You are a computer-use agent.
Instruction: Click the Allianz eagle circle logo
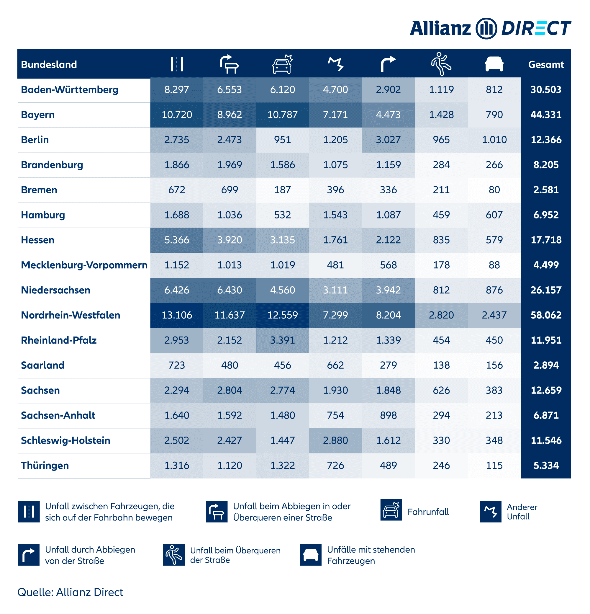coord(486,29)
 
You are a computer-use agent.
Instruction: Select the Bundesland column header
coord(49,65)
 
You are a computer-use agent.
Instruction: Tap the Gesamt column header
coord(545,65)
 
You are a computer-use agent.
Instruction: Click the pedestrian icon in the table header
coord(441,64)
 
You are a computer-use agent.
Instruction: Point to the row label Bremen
coord(39,190)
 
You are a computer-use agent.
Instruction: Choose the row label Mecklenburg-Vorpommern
coord(84,265)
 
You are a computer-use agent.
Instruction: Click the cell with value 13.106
coord(176,315)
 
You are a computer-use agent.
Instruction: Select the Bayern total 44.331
coord(545,115)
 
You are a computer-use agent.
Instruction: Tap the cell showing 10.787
coord(282,115)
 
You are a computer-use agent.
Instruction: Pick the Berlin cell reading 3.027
coord(388,140)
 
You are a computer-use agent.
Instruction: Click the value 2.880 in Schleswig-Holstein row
coord(335,440)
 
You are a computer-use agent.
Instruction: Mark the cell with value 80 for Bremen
coord(494,190)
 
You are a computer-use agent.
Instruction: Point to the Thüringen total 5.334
coord(545,466)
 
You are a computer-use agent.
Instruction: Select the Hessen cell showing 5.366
coord(176,240)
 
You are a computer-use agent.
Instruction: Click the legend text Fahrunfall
coord(428,512)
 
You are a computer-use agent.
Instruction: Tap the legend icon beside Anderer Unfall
coord(490,512)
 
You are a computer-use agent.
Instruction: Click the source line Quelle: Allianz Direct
coord(70,592)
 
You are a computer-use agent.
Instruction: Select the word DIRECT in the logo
coord(536,29)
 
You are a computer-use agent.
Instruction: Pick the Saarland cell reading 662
coord(335,365)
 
